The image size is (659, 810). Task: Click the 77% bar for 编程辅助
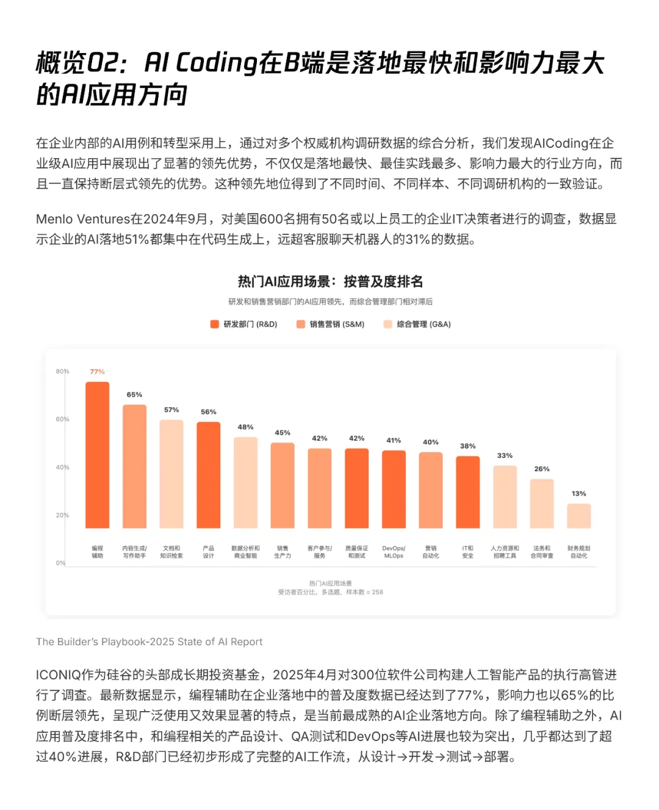pyautogui.click(x=97, y=455)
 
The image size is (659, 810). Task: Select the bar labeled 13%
pyautogui.click(x=578, y=516)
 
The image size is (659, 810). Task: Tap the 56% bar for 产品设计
pyautogui.click(x=208, y=475)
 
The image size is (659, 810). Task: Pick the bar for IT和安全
pyautogui.click(x=467, y=492)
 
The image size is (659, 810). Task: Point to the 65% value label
pyautogui.click(x=134, y=395)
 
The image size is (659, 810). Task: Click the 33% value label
pyautogui.click(x=505, y=456)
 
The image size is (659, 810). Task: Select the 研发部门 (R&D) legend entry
pyautogui.click(x=243, y=324)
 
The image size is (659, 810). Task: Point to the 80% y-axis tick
pyautogui.click(x=62, y=371)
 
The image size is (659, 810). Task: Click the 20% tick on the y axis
pyautogui.click(x=62, y=515)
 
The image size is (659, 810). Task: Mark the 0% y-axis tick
pyautogui.click(x=60, y=563)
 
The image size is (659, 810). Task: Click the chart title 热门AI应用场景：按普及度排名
pyautogui.click(x=330, y=281)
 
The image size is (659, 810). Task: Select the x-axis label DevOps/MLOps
pyautogui.click(x=394, y=552)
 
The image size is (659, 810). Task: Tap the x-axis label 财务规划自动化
pyautogui.click(x=578, y=552)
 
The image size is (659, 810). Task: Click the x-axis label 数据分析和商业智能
pyautogui.click(x=245, y=552)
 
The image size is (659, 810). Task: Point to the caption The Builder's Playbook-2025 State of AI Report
pyautogui.click(x=149, y=642)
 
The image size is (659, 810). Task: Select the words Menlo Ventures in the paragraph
pyautogui.click(x=83, y=219)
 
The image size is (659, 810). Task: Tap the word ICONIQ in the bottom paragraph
pyautogui.click(x=59, y=675)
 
